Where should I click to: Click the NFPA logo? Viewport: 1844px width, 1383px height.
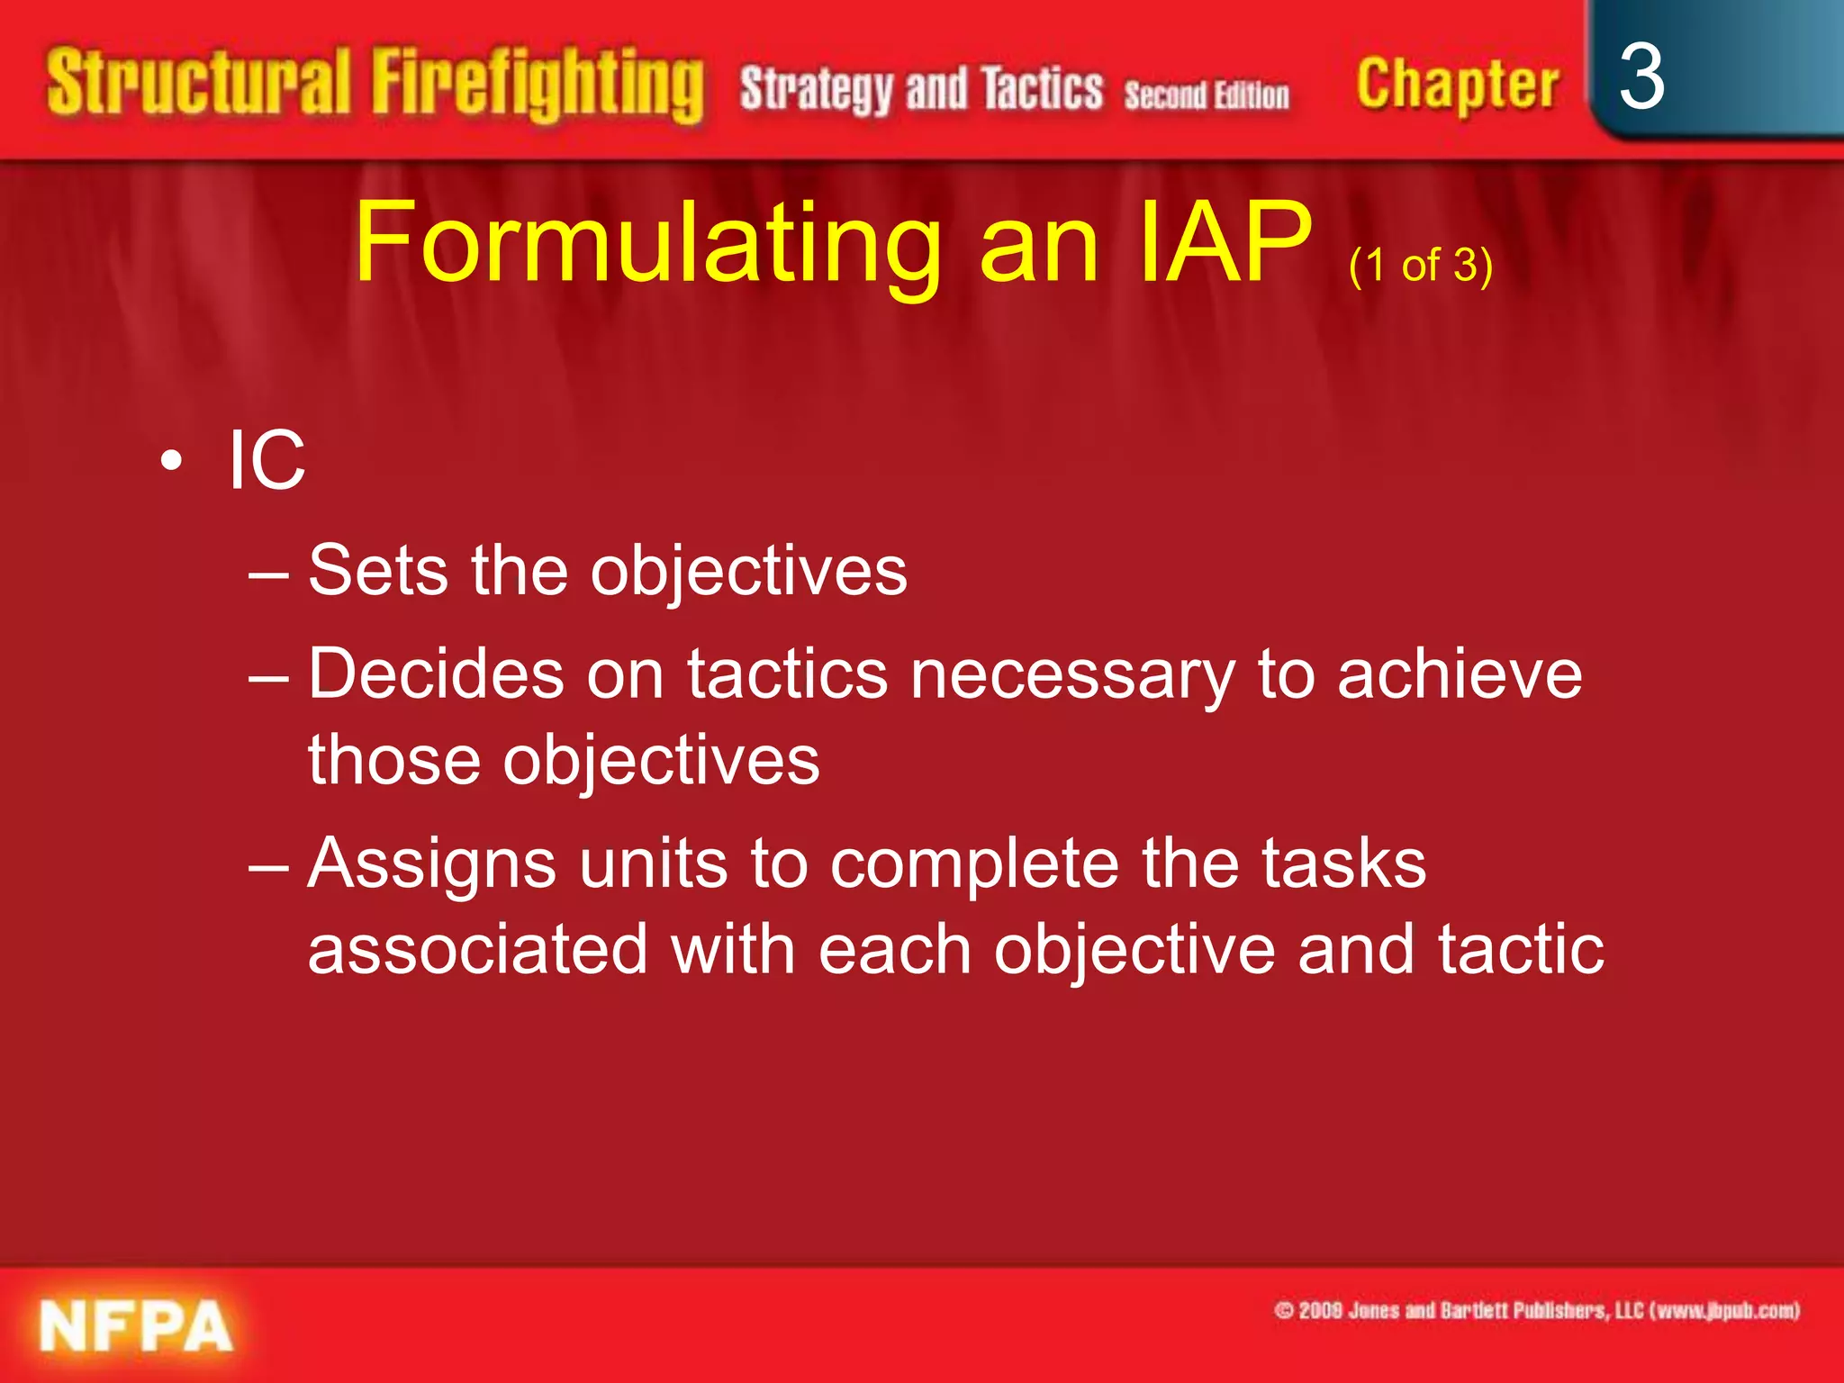pyautogui.click(x=136, y=1325)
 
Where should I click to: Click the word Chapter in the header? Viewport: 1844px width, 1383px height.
pyautogui.click(x=1457, y=86)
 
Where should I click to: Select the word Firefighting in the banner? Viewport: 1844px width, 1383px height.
pyautogui.click(x=538, y=86)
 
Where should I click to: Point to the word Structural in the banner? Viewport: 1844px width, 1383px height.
pyautogui.click(x=198, y=84)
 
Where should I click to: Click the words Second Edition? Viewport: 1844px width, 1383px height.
pyautogui.click(x=1206, y=95)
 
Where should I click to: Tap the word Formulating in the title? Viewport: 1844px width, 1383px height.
pyautogui.click(x=646, y=243)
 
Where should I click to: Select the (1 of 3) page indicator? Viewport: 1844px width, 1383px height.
pyautogui.click(x=1420, y=266)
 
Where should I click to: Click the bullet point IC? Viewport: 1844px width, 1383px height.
pyautogui.click(x=267, y=460)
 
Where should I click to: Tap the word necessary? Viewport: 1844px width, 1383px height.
pyautogui.click(x=1072, y=675)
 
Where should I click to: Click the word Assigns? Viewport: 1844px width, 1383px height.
pyautogui.click(x=431, y=864)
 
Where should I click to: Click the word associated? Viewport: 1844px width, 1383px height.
pyautogui.click(x=477, y=950)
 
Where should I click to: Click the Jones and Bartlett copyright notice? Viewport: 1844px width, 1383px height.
pyautogui.click(x=1536, y=1310)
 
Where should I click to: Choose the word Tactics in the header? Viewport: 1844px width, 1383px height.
pyautogui.click(x=1042, y=90)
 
